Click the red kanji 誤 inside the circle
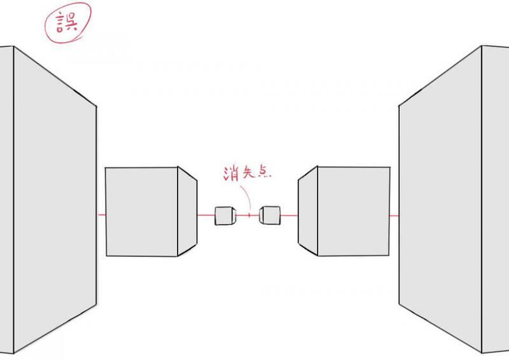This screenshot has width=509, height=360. click(x=67, y=22)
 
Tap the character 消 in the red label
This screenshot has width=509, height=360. click(x=231, y=173)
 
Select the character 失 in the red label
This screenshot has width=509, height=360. click(x=249, y=172)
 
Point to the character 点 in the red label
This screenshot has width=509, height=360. click(x=264, y=171)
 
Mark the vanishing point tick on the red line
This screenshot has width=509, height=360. click(x=249, y=215)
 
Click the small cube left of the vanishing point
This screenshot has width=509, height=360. click(x=225, y=216)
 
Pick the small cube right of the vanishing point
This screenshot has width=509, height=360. click(x=270, y=215)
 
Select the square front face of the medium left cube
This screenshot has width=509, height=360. click(x=141, y=212)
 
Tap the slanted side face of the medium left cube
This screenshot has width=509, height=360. click(x=187, y=211)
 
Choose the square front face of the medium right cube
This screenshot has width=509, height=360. click(x=354, y=211)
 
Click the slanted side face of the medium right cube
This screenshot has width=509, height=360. click(x=308, y=211)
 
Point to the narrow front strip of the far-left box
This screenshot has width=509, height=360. click(x=7, y=200)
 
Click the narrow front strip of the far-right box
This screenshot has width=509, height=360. click(x=496, y=199)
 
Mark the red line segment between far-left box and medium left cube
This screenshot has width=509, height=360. click(x=102, y=214)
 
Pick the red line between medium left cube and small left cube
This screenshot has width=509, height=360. click(x=206, y=215)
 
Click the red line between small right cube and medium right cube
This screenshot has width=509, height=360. click(x=289, y=215)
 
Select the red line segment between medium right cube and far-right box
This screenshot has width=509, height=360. click(x=394, y=216)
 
